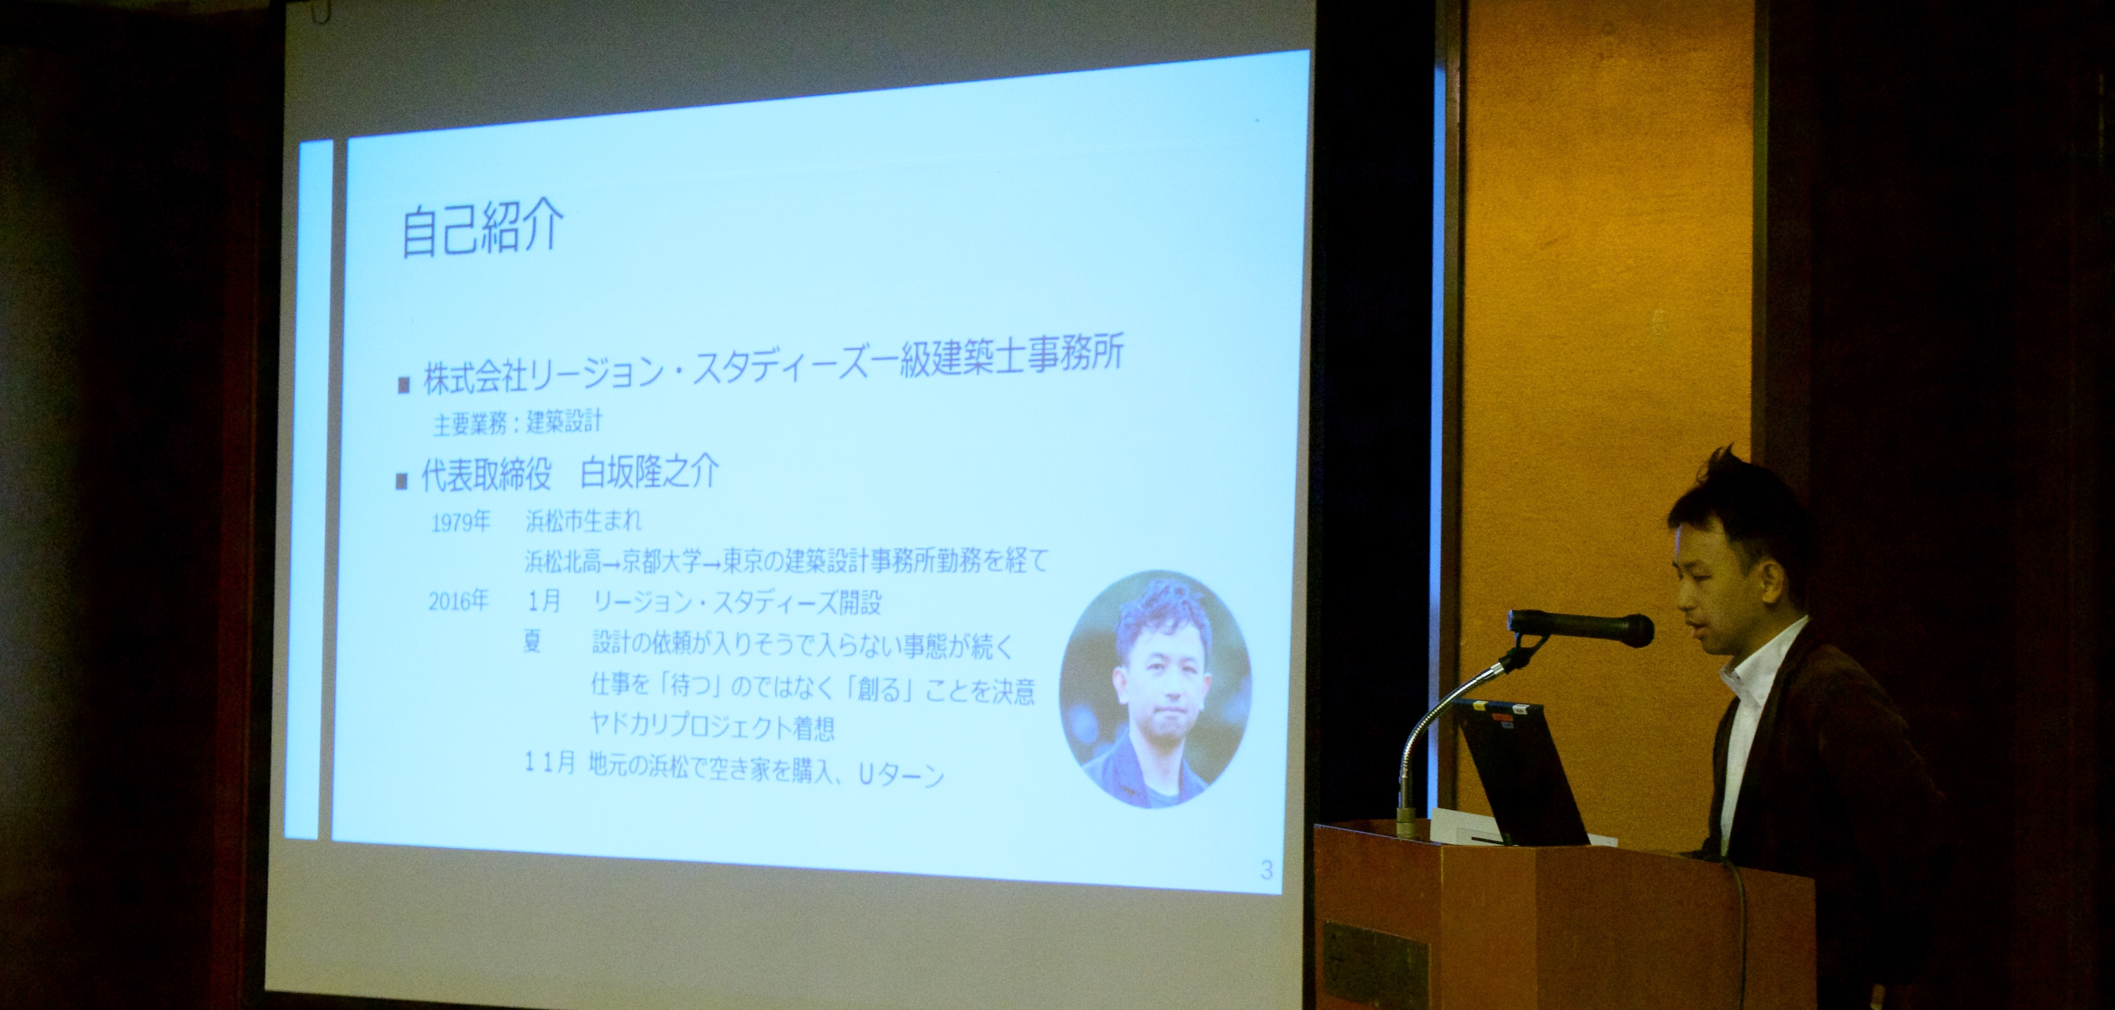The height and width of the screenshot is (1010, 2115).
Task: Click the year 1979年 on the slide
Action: pos(461,522)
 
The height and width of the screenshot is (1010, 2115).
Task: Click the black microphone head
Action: pos(1581,628)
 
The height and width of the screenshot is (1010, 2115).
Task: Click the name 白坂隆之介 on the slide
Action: pos(649,473)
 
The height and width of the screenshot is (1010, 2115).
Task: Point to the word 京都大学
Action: pos(661,562)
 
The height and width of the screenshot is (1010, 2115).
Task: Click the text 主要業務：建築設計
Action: pos(517,423)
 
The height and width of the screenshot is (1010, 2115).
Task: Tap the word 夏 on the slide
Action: pos(533,640)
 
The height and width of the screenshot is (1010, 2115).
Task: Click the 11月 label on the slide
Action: pos(550,763)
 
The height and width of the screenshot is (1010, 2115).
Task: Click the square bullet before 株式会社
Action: pos(403,385)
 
